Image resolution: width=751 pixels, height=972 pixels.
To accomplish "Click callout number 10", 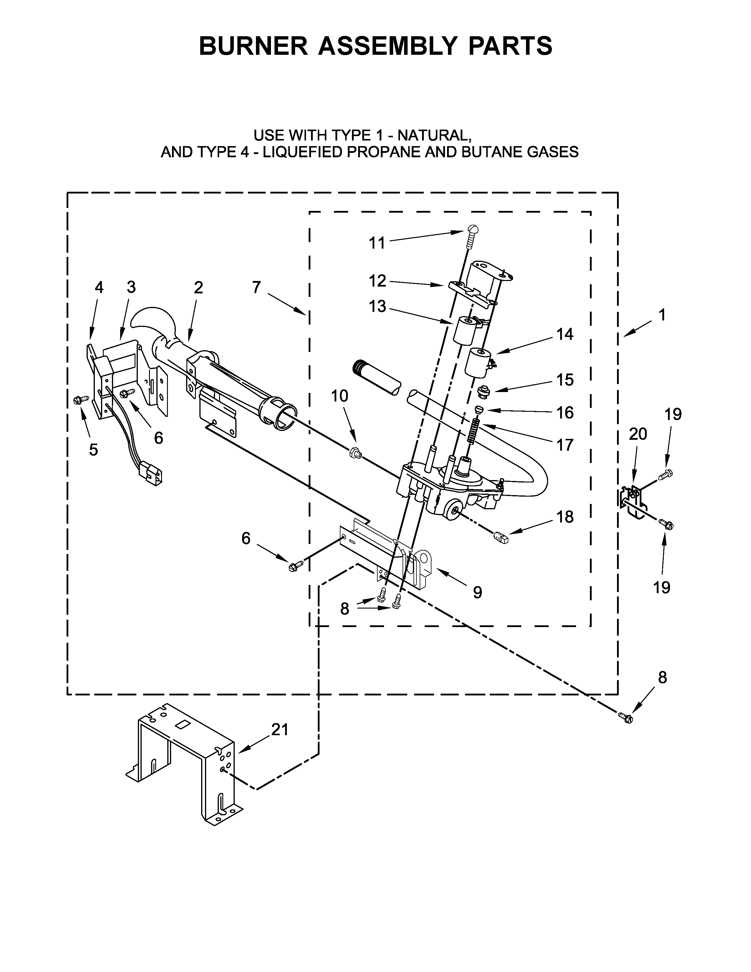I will coord(340,396).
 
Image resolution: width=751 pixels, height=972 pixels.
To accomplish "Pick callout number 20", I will coord(638,434).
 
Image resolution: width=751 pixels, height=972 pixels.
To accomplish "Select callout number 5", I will coord(93,449).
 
